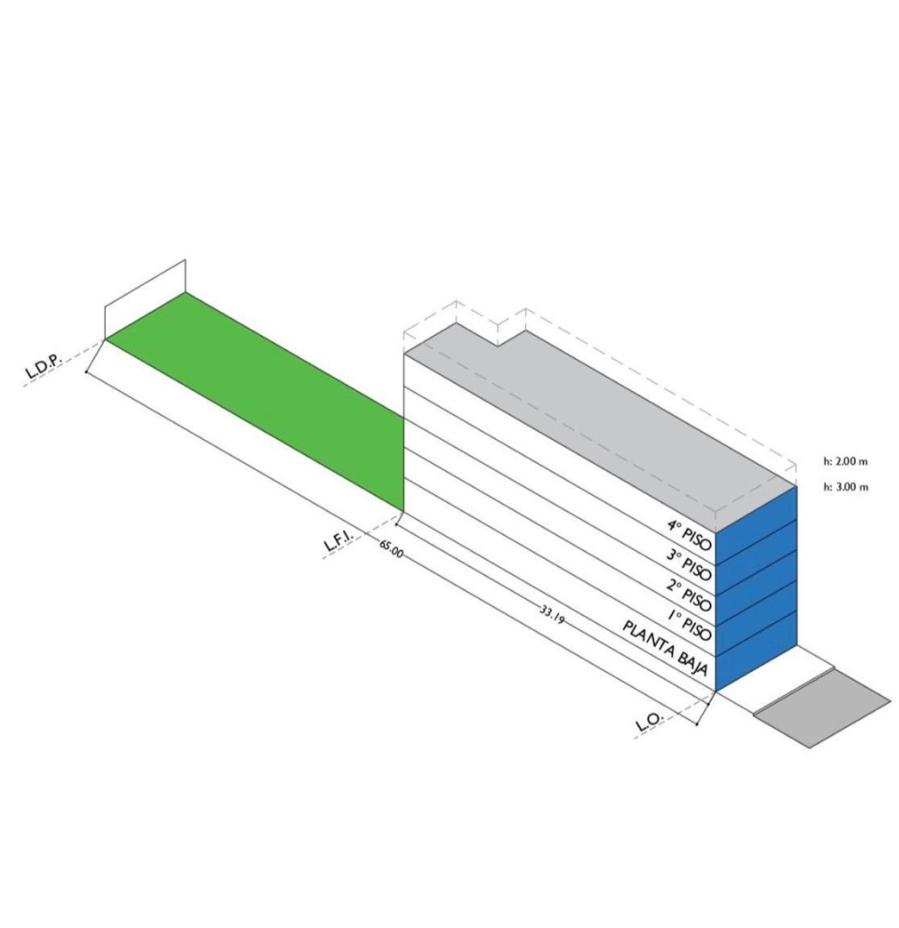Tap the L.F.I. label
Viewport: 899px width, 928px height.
point(339,541)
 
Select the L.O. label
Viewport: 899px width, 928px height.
point(651,721)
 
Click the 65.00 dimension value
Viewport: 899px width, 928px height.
point(391,548)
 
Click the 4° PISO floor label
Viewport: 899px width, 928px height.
point(688,534)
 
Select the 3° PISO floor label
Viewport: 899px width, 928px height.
point(688,565)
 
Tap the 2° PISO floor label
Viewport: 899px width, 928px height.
point(688,595)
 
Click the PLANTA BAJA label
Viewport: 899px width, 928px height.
point(664,647)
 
